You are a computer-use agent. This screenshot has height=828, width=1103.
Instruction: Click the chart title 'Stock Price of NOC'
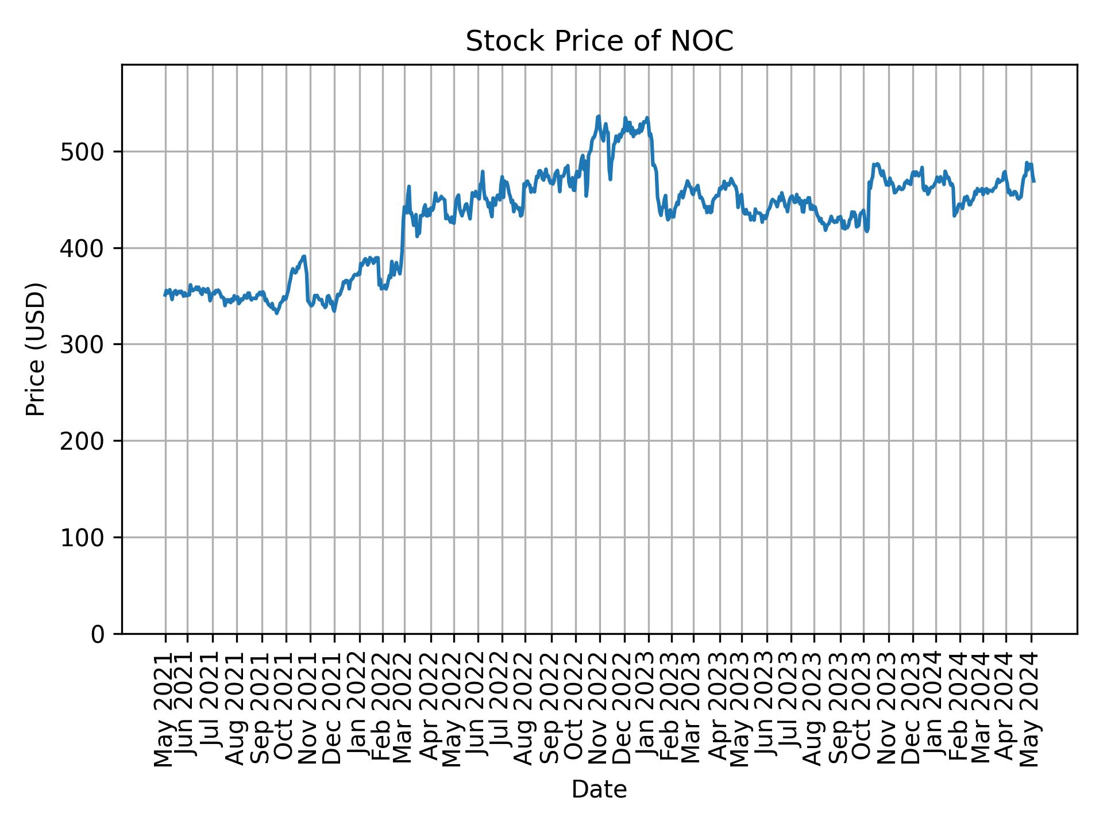pos(599,41)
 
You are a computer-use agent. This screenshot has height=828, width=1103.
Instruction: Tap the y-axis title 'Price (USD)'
pos(36,349)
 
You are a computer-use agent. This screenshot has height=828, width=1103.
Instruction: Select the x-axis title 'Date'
pos(599,790)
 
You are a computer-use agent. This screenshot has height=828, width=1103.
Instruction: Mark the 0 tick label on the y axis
pos(98,634)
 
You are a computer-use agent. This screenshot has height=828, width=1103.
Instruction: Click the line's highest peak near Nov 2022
pos(599,116)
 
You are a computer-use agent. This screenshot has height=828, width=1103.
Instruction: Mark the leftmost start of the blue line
pos(165,295)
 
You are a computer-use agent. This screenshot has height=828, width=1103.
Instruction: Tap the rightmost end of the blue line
pos(1034,182)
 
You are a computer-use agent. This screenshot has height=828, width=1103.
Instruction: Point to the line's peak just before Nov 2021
pos(304,256)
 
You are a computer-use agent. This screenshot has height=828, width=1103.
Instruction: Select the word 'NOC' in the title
pos(708,41)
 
